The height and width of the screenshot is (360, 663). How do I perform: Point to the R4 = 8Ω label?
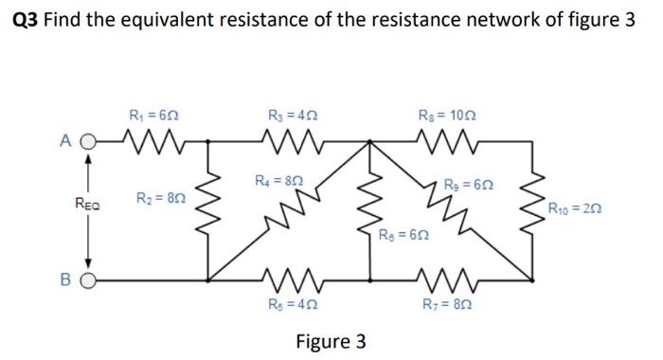tap(279, 177)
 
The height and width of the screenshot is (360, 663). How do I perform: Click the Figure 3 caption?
tap(331, 340)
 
